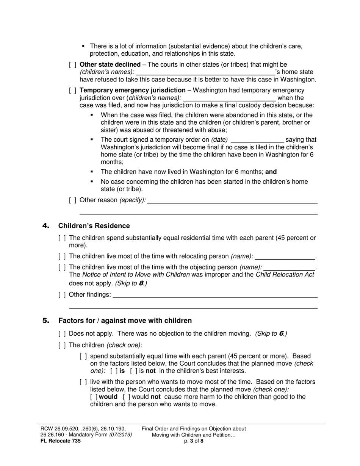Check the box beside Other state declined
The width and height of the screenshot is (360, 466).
73,65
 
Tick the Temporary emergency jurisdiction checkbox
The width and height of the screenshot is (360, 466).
73,91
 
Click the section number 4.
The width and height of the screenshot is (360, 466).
46,226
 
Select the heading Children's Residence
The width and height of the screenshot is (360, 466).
94,226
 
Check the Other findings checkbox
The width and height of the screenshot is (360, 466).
62,295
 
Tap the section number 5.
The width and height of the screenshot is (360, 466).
46,321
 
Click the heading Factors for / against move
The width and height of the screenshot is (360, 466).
125,321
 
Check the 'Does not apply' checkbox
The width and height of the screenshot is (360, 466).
62,334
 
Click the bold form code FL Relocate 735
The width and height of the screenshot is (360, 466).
60,441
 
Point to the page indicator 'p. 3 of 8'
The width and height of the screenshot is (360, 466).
194,441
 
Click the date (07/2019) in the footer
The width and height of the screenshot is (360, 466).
121,435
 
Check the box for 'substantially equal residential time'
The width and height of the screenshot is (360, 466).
62,238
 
